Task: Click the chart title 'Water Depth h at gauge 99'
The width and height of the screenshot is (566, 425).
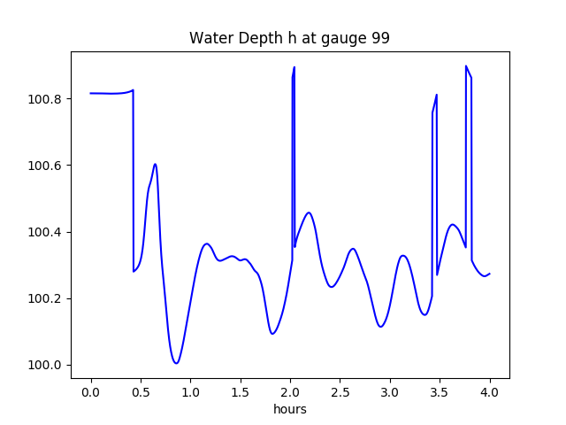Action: tap(289, 39)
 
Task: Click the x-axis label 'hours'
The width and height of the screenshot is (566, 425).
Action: tap(290, 409)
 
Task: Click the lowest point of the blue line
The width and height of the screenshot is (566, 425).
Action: tap(177, 363)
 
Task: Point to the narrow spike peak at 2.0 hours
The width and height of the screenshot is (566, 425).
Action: tap(294, 67)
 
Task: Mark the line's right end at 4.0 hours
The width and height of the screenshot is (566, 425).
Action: tap(490, 274)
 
